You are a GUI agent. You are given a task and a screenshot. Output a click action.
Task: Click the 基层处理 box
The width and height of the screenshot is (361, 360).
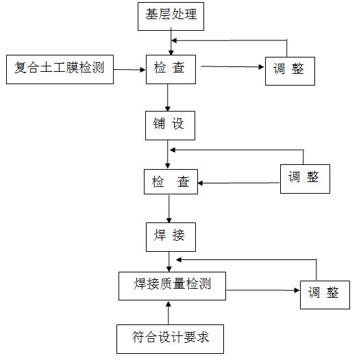[171, 15]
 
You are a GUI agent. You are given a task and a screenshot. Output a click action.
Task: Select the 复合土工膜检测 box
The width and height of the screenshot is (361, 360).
[60, 68]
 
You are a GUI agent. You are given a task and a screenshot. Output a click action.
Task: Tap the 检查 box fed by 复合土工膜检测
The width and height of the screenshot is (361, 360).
[173, 68]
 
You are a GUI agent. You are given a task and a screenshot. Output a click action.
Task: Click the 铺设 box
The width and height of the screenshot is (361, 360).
[169, 125]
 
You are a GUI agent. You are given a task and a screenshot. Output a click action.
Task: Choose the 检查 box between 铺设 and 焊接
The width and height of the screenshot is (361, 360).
[171, 182]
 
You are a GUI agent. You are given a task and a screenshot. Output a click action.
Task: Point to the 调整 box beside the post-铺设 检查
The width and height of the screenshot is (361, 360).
[304, 177]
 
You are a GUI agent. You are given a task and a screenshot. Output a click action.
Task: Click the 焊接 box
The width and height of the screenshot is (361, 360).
[171, 236]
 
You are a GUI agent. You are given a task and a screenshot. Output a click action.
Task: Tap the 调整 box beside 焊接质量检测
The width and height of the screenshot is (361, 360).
[324, 294]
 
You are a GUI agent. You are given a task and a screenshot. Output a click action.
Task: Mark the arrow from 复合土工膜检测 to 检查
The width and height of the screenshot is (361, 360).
[129, 69]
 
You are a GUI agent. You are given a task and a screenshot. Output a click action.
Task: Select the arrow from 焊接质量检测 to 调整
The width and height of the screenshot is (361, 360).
[264, 291]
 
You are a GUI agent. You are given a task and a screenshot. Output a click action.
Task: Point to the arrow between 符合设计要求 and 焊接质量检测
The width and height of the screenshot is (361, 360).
[169, 312]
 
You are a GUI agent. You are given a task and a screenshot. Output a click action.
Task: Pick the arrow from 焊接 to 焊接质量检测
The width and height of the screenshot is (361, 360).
[169, 261]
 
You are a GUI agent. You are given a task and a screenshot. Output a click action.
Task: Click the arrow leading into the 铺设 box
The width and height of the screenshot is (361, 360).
[168, 98]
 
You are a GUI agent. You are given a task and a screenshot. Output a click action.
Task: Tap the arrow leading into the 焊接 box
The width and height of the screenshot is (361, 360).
[168, 209]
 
